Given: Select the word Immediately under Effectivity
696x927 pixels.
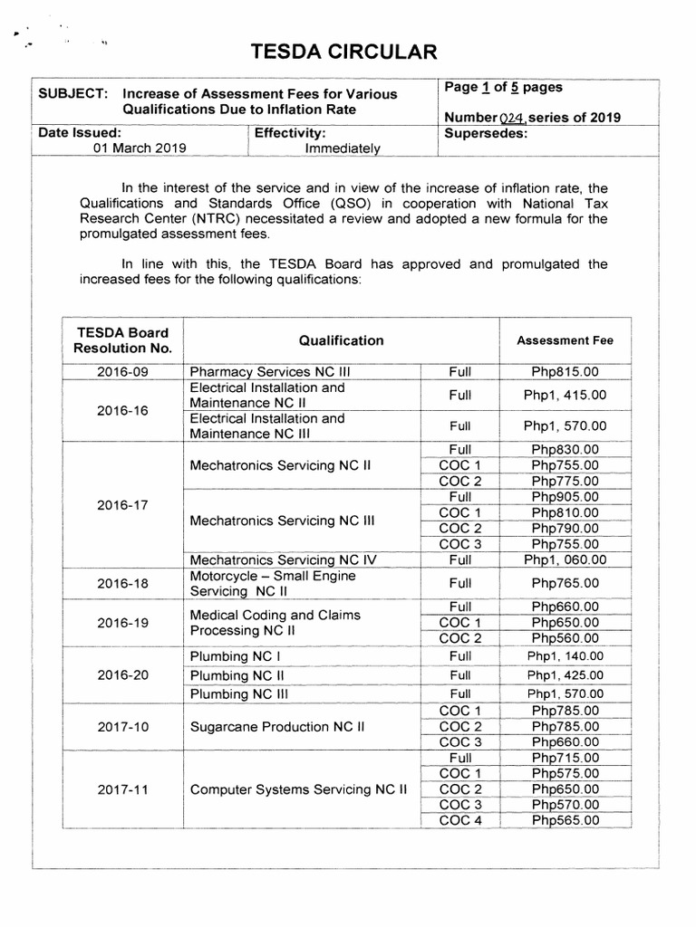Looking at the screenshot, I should (343, 148).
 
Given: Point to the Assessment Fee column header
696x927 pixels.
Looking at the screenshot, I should (565, 340).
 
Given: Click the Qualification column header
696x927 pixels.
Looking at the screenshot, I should (341, 340).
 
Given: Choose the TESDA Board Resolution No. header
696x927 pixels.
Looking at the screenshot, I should (123, 340).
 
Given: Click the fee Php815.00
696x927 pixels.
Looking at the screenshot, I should (565, 371).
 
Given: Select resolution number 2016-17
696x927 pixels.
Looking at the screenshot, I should (122, 505).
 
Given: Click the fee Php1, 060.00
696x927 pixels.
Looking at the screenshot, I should (565, 559).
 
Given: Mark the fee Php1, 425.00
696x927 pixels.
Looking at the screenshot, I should (565, 675).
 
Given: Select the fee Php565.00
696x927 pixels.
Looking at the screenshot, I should (565, 820).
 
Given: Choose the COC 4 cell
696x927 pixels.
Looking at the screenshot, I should (459, 820).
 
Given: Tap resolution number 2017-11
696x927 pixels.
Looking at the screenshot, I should (122, 789).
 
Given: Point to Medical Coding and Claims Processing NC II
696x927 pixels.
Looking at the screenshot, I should (275, 622).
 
